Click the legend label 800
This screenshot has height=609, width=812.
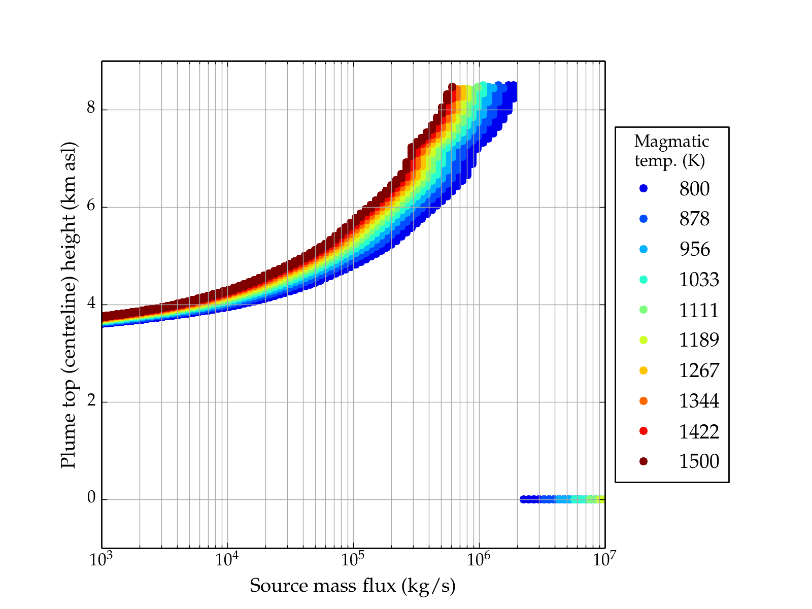pos(694,189)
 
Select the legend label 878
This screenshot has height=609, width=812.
pos(694,219)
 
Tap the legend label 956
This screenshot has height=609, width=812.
pos(694,249)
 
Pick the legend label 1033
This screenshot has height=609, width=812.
pos(699,280)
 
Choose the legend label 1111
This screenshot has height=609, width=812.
pos(699,310)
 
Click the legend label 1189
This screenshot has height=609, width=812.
pos(699,340)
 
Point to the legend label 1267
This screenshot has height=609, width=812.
pos(699,370)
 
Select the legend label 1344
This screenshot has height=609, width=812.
pos(699,401)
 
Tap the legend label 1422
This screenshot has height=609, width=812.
pos(699,431)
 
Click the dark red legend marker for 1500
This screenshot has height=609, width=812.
pos(644,461)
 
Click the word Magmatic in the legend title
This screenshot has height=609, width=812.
pos(671,141)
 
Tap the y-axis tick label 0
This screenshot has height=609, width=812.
pos(91,498)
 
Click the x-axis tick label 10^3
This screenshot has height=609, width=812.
pos(102,560)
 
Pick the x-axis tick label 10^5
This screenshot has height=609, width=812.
pos(353,560)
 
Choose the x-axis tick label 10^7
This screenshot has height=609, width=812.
pos(604,560)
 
